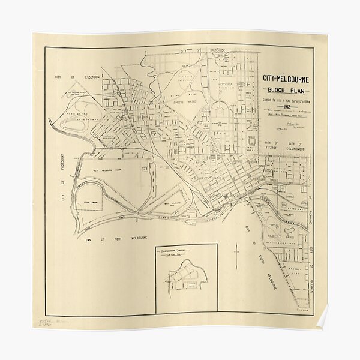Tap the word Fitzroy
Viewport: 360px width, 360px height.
pos(270,148)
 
